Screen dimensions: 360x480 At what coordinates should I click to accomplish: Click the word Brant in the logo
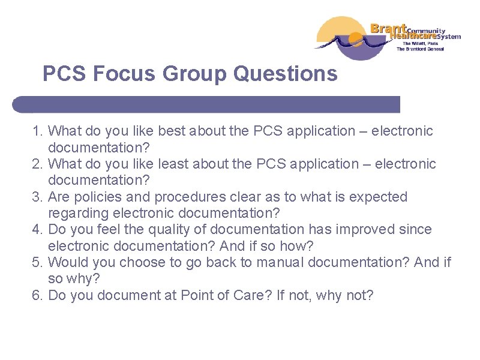pos(389,28)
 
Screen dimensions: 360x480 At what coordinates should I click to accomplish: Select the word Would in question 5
pos(67,262)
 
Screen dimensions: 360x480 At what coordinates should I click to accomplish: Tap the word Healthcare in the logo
pos(413,36)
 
